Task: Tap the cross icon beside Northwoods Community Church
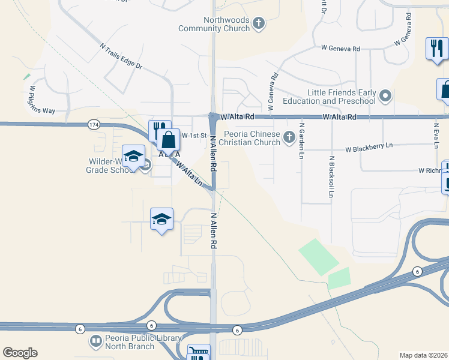point(259,24)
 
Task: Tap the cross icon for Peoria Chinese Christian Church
point(289,137)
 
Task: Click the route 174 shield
point(93,125)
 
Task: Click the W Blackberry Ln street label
point(369,147)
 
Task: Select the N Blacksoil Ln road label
point(331,177)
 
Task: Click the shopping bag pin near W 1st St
point(169,140)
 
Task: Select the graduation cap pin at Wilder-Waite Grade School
point(133,157)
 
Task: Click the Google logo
point(20,352)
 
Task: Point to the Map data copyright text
point(424,355)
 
